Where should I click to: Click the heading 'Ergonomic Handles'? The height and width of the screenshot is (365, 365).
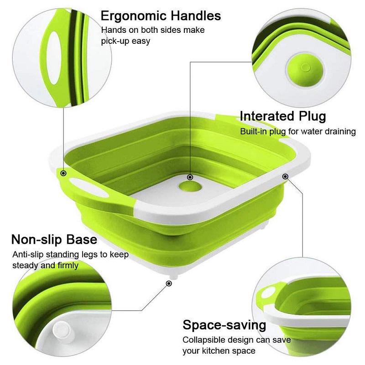click(161, 16)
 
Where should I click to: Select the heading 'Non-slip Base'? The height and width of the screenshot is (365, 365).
click(54, 239)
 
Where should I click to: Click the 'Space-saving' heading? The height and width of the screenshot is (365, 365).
click(224, 325)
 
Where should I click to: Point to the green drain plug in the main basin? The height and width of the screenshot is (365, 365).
click(190, 186)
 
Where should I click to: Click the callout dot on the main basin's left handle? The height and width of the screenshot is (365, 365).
click(63, 173)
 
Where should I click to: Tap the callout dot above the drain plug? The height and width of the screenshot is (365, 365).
click(190, 177)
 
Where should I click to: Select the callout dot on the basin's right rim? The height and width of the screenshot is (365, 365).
click(285, 177)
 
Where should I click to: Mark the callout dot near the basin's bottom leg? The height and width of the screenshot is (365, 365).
click(169, 283)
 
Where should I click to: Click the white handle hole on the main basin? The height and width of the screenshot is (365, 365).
click(89, 188)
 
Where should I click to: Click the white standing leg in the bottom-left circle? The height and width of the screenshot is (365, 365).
click(62, 330)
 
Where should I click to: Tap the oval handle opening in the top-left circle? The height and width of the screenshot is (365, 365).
click(54, 58)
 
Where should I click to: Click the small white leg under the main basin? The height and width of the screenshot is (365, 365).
click(174, 276)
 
